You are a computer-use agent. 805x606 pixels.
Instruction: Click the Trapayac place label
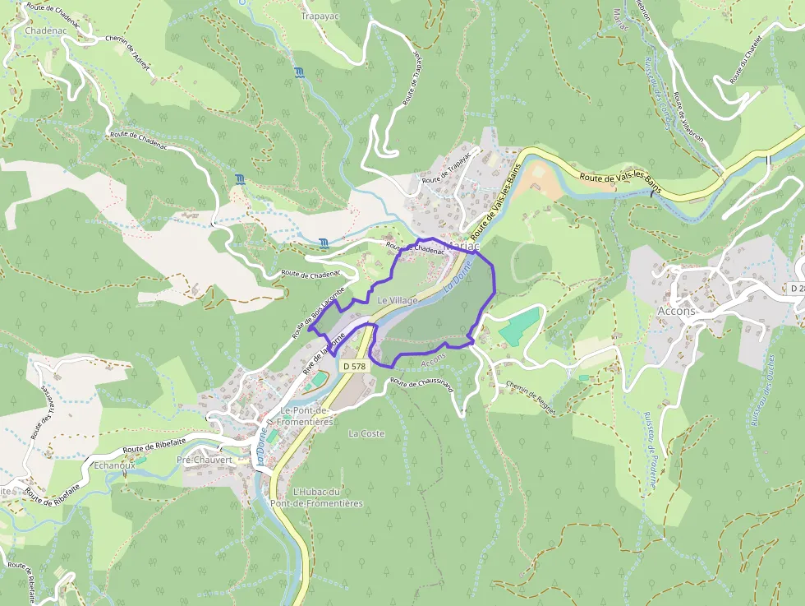click(320, 16)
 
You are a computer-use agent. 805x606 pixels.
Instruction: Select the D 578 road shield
click(354, 366)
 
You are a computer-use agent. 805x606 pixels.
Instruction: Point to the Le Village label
click(398, 301)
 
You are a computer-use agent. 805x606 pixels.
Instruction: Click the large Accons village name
click(676, 311)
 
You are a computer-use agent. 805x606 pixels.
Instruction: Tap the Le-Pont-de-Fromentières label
click(306, 416)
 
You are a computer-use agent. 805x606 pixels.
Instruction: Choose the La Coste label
click(366, 433)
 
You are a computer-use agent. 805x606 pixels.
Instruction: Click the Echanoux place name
click(114, 465)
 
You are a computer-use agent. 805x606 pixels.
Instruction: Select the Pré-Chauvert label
click(205, 460)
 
